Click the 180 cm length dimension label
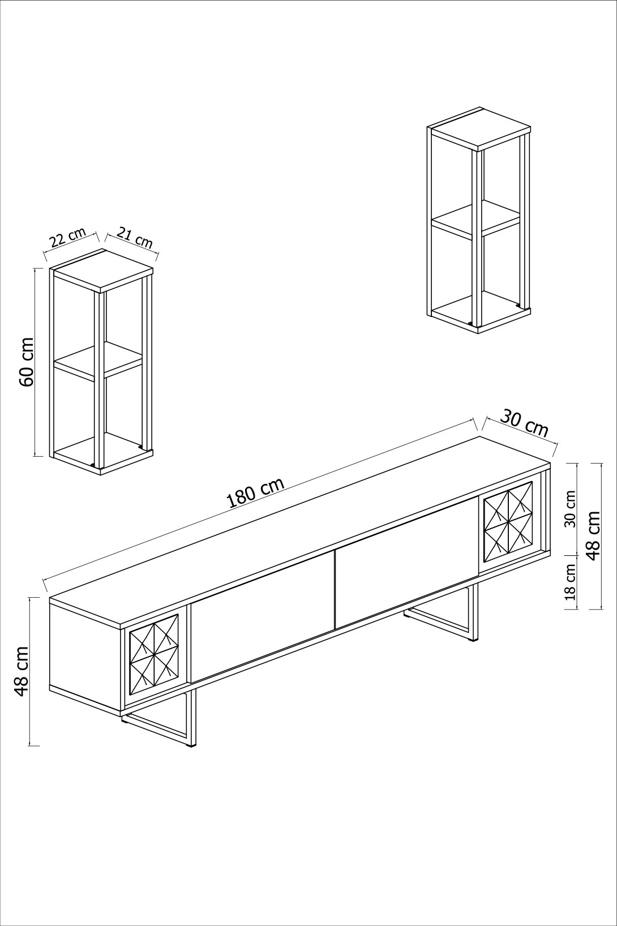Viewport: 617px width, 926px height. (x=254, y=493)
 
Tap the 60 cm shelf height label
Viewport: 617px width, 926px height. (x=26, y=362)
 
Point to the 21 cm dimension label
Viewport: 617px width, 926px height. (x=135, y=238)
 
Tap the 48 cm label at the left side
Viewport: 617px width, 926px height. (x=21, y=671)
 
